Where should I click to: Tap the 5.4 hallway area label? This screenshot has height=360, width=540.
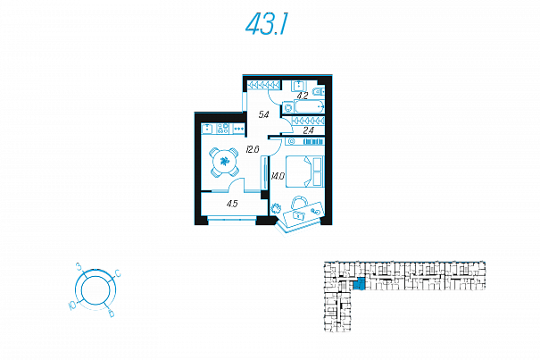click(x=263, y=115)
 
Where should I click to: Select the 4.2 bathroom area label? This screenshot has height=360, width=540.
click(x=303, y=96)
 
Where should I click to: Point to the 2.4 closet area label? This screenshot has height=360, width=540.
click(x=308, y=130)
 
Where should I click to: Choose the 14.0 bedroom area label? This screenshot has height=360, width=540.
click(x=277, y=176)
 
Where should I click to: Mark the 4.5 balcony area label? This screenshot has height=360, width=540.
click(x=232, y=204)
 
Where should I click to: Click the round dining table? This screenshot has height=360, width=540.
click(x=224, y=162)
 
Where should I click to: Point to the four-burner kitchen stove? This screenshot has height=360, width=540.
click(x=223, y=128)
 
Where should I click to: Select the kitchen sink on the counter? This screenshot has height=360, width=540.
click(x=207, y=128)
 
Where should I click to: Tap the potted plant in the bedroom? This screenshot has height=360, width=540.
click(x=277, y=208)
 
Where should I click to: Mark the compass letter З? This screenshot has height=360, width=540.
click(x=79, y=267)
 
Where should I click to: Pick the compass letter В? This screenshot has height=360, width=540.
click(x=110, y=314)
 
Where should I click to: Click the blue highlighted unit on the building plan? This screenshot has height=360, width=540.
click(x=358, y=285)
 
